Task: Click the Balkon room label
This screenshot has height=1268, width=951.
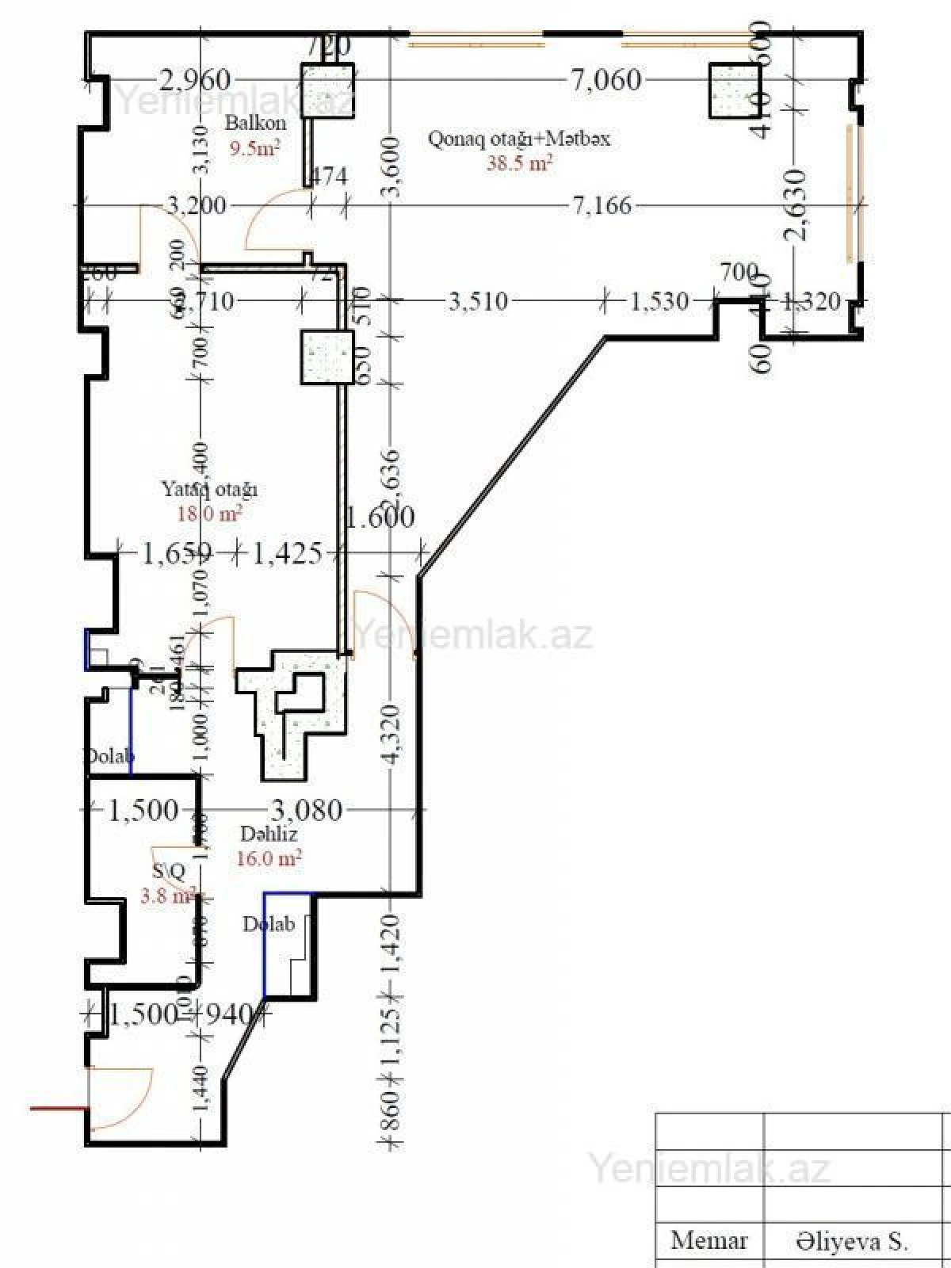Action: [x=255, y=124]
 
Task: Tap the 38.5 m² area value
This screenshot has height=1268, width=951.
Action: [x=519, y=163]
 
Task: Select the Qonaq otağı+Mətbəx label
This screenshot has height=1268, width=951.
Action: [x=519, y=139]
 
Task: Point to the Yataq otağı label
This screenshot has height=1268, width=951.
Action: [x=209, y=489]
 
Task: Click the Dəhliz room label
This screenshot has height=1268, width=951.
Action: [x=269, y=834]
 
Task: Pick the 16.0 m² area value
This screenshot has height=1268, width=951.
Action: [x=269, y=857]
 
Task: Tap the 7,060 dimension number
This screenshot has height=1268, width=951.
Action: [x=605, y=79]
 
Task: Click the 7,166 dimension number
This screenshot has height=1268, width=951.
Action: [x=602, y=206]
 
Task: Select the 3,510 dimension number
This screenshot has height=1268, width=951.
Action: [x=478, y=301]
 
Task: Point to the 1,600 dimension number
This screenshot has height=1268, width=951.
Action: [x=380, y=517]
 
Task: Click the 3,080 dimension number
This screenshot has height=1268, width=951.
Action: [x=307, y=810]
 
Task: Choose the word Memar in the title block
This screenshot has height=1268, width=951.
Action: [x=708, y=1240]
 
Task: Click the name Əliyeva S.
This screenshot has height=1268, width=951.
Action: [x=852, y=1242]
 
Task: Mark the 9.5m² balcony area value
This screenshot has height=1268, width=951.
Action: [x=254, y=148]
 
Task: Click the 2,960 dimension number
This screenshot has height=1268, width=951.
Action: [x=195, y=80]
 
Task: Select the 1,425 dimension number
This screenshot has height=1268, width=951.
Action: [x=287, y=553]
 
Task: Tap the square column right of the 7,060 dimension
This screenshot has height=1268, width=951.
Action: [x=735, y=91]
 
